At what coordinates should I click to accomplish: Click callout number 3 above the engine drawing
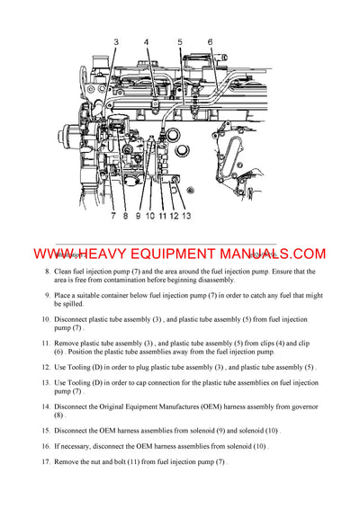pos(115,42)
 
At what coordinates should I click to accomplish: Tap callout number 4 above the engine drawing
pos(147,42)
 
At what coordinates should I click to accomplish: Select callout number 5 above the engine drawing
pos(179,42)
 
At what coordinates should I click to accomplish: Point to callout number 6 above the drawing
pos(211,42)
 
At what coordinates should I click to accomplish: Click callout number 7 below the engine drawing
pos(112,216)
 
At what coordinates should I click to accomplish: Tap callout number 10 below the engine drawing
pos(149,216)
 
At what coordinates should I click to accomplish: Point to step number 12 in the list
pos(46,367)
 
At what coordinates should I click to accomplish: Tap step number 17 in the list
pos(46,461)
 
